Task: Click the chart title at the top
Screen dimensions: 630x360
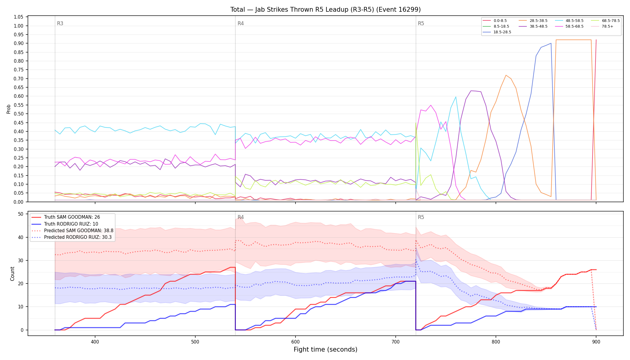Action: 325,10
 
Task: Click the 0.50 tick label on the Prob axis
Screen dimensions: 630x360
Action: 19,114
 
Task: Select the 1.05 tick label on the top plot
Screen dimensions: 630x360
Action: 19,17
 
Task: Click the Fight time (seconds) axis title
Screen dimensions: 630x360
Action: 325,349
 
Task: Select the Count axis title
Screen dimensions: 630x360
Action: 12,274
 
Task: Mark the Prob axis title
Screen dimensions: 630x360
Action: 9,109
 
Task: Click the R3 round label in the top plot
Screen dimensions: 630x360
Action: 60,23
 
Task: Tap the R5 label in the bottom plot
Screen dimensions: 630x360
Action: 421,217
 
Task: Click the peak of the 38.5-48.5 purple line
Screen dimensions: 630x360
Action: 471,91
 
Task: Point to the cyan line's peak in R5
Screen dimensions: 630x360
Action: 456,97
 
